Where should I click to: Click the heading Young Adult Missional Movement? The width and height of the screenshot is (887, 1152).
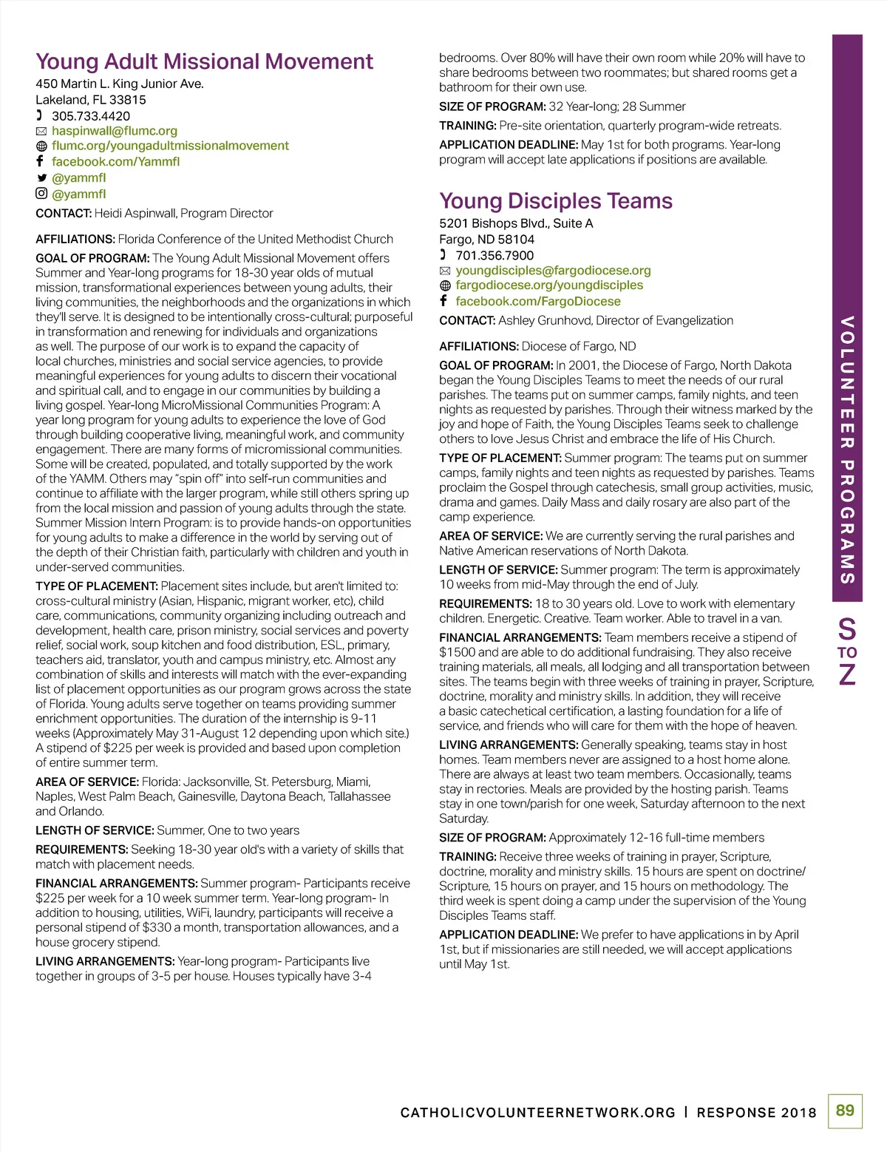tap(204, 61)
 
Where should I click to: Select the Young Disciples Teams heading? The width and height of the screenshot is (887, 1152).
tap(556, 201)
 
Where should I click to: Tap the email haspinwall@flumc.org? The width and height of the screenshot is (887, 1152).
tap(114, 131)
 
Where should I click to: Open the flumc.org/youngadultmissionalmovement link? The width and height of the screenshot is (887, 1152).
tap(170, 146)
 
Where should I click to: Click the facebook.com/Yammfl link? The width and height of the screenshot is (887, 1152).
tap(115, 162)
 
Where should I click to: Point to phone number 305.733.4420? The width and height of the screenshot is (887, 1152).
tap(90, 116)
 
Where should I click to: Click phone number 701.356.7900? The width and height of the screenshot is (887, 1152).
tap(494, 256)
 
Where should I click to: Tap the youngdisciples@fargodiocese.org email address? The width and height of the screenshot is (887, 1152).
tap(553, 271)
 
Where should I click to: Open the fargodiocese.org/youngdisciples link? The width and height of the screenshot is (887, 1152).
tap(549, 285)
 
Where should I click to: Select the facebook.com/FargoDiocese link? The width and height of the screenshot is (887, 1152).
tap(538, 302)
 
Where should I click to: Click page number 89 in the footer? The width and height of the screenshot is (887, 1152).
tap(845, 1111)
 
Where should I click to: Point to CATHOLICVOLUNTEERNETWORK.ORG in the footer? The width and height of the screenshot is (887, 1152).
tap(537, 1113)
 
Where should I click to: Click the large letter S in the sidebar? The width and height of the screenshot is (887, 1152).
tap(847, 629)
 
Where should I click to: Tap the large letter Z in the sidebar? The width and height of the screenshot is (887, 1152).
tap(847, 674)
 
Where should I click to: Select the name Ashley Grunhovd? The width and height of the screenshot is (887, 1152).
tap(545, 321)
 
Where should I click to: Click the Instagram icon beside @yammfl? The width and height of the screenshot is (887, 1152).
tap(41, 194)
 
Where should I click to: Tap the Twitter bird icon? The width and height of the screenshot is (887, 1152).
tap(41, 178)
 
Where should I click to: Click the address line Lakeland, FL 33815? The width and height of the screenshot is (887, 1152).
tap(91, 100)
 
